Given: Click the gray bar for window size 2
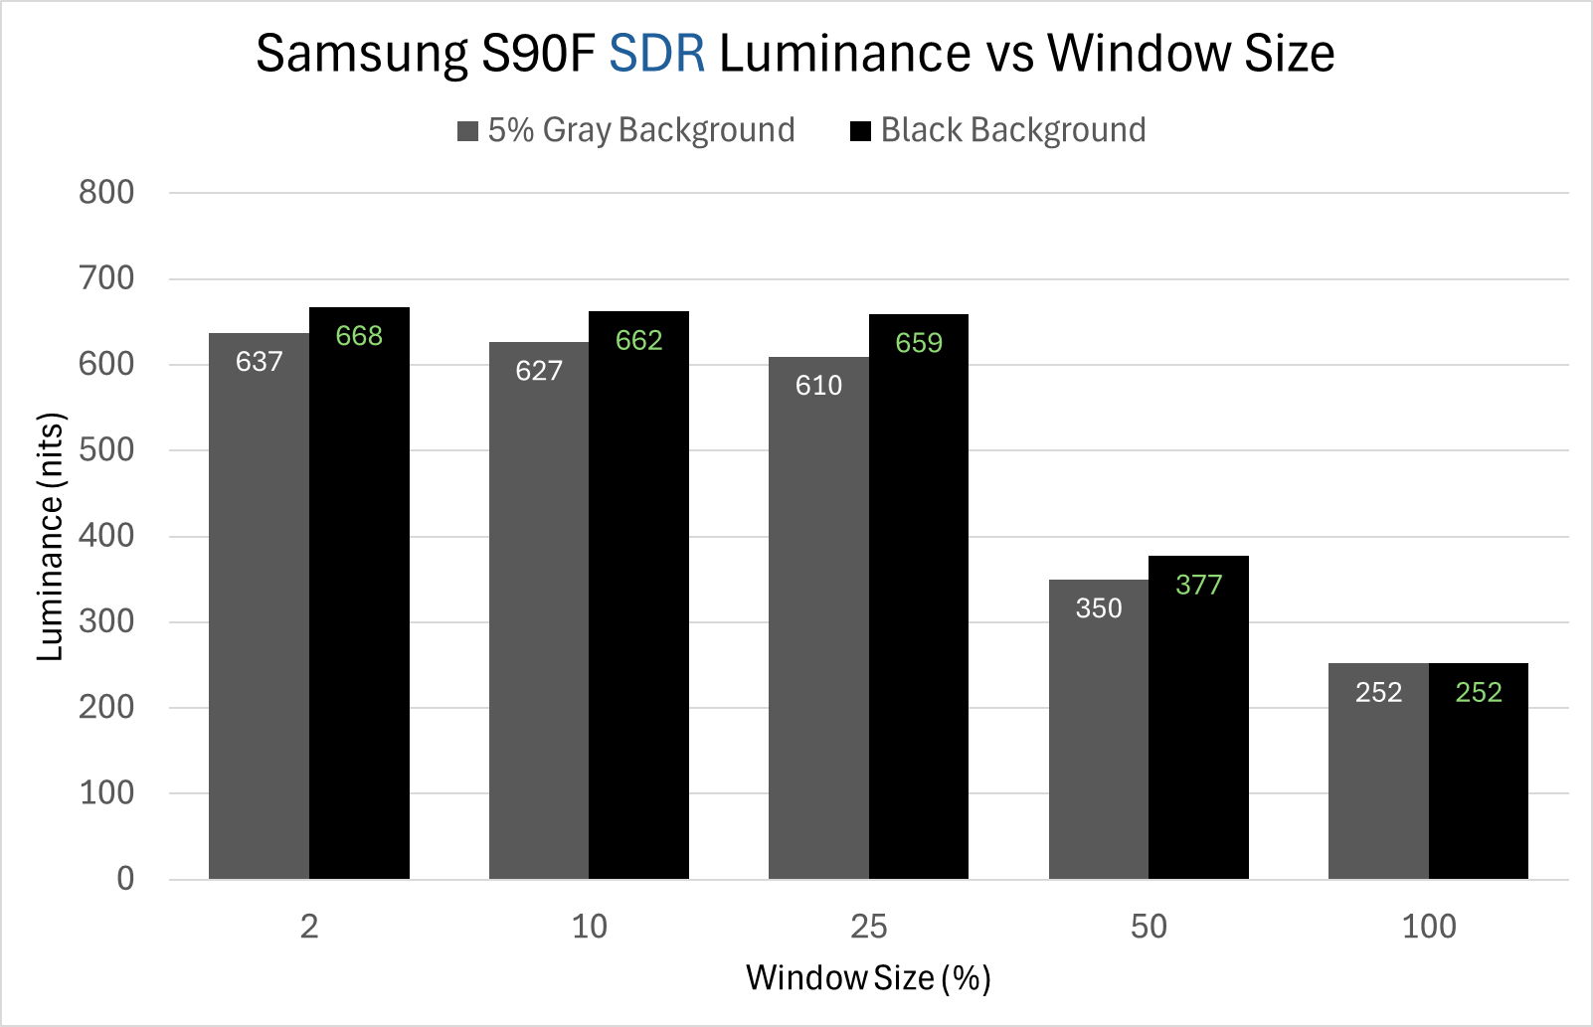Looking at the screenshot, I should pyautogui.click(x=259, y=606).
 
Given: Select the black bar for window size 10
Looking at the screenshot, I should pyautogui.click(x=638, y=597).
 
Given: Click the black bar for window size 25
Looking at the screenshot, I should pyautogui.click(x=919, y=597).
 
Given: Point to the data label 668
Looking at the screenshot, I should pyautogui.click(x=359, y=336).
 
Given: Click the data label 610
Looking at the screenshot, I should pyautogui.click(x=818, y=386).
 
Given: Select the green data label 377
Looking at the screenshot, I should pyautogui.click(x=1198, y=585).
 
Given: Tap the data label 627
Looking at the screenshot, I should pyautogui.click(x=539, y=371).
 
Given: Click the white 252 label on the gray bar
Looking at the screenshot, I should pyautogui.click(x=1378, y=692).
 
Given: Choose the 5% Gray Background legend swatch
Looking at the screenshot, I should pyautogui.click(x=467, y=131).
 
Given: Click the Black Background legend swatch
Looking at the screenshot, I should pyautogui.click(x=860, y=131).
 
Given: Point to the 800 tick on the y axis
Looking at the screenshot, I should pyautogui.click(x=106, y=192).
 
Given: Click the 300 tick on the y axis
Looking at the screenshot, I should pyautogui.click(x=106, y=621).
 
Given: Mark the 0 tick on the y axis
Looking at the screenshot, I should pyautogui.click(x=125, y=878).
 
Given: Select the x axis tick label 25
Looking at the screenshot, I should pyautogui.click(x=868, y=927).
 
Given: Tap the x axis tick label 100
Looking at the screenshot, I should pyautogui.click(x=1429, y=927).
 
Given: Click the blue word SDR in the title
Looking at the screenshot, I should pyautogui.click(x=656, y=54).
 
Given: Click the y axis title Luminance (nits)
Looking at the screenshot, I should pyautogui.click(x=50, y=536).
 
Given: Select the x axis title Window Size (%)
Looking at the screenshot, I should pyautogui.click(x=868, y=978).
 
